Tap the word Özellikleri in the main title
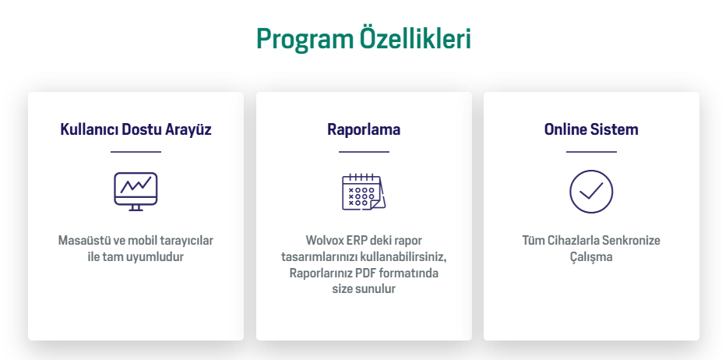click(415, 38)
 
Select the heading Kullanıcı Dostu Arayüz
click(136, 129)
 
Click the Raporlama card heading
click(364, 129)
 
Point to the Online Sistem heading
click(591, 129)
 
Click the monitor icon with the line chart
click(136, 191)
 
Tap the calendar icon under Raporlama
click(363, 192)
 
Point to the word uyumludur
click(160, 257)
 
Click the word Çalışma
click(591, 257)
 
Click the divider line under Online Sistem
click(591, 151)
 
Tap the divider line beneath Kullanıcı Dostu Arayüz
click(136, 151)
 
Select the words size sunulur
click(364, 289)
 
